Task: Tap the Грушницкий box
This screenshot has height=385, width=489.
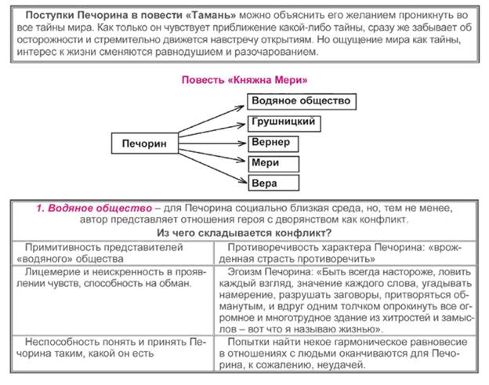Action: pyautogui.click(x=284, y=123)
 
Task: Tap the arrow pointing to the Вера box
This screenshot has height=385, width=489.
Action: pyautogui.click(x=212, y=165)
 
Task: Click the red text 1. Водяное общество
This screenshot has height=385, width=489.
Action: pyautogui.click(x=94, y=208)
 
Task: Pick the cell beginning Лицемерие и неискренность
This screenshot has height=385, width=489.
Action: pyautogui.click(x=110, y=277)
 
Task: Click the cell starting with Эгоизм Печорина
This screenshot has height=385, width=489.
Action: pyautogui.click(x=345, y=300)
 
